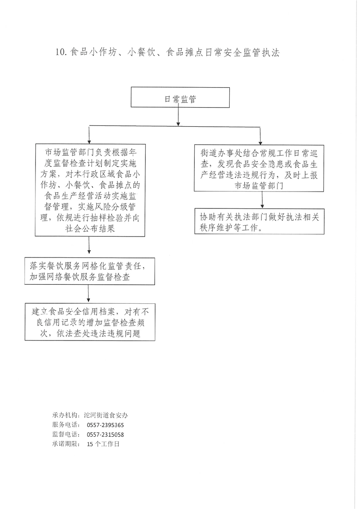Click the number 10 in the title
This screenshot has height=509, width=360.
(x=61, y=53)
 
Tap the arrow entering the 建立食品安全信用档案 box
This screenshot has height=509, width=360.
(x=89, y=294)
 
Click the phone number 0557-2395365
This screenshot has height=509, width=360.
(x=105, y=425)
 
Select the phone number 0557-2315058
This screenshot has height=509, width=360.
(x=105, y=435)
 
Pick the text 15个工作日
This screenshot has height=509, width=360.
(x=103, y=444)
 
